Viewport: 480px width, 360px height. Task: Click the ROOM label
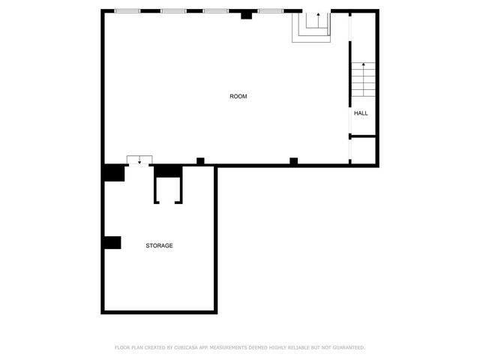coord(238,96)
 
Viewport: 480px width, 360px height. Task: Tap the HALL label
coord(361,113)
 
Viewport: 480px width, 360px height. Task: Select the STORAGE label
coord(159,246)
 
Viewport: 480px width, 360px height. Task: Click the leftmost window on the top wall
coord(127,11)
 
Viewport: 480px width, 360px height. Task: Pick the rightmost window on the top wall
coord(271,11)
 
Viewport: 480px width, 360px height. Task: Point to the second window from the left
coord(173,11)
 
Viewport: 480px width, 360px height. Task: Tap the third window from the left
coord(216,11)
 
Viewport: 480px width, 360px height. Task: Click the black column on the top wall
coord(246,14)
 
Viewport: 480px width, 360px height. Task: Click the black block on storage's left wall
coord(112,242)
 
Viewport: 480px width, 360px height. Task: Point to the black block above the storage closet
coord(168,171)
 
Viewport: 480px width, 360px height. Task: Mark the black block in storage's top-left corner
coord(113,172)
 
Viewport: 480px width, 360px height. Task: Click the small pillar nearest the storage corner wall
coord(200,160)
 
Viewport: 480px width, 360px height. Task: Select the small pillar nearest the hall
coord(293,160)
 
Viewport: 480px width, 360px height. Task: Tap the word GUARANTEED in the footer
coord(349,348)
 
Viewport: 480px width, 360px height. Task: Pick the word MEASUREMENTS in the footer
coord(235,348)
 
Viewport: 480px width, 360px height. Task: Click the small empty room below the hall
coord(363,149)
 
